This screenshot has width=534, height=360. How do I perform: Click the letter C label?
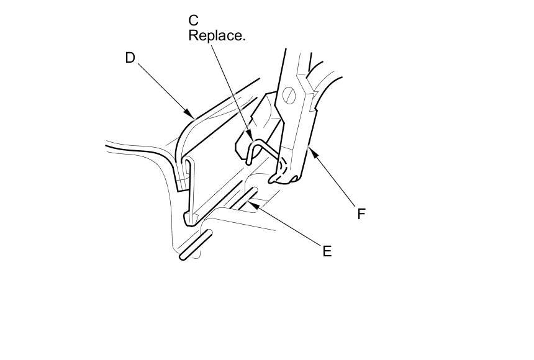click(194, 20)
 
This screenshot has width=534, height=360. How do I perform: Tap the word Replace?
click(217, 35)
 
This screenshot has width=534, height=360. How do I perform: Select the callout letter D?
click(130, 58)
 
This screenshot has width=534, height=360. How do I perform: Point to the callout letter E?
click(327, 251)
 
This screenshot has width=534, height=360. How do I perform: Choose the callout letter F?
click(361, 214)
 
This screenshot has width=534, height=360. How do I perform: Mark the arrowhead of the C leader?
click(251, 135)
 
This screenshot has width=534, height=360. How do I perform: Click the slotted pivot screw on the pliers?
click(287, 96)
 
